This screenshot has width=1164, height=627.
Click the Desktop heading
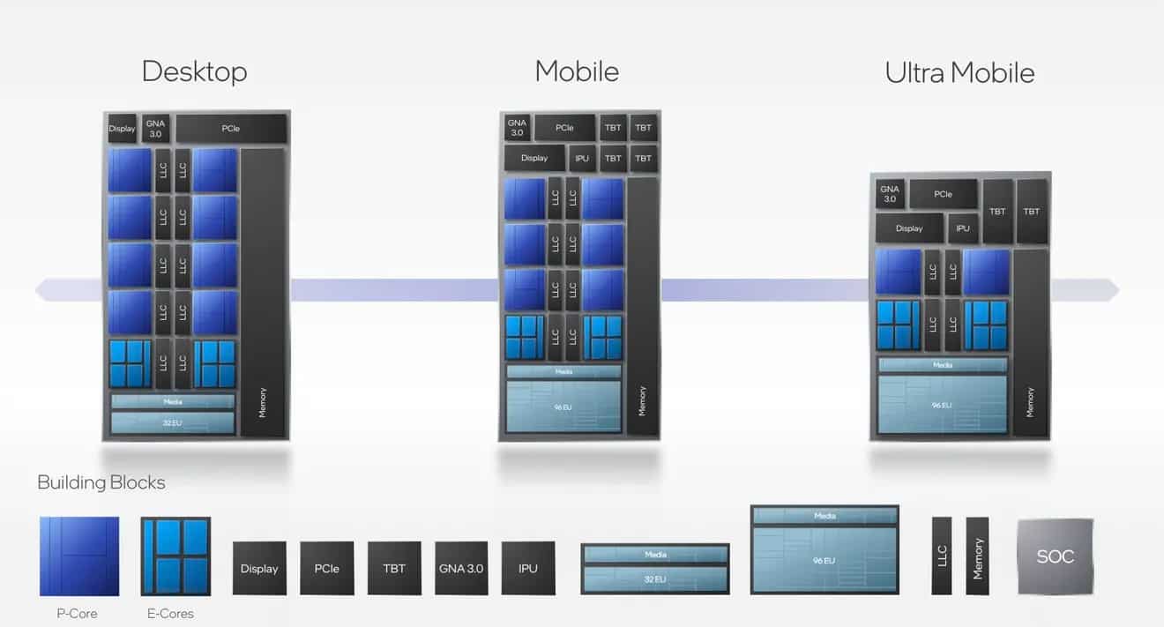[x=194, y=71]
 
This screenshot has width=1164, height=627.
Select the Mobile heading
[x=577, y=71]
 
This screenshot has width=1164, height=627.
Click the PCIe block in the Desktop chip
[x=231, y=129]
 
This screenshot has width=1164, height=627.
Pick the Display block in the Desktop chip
[x=122, y=129]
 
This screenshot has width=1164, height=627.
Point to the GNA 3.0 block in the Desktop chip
[x=155, y=129]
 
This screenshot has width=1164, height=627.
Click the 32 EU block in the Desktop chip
[x=172, y=423]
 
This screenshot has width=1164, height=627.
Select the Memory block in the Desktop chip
[x=262, y=291]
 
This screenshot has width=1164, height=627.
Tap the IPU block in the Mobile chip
[x=581, y=159]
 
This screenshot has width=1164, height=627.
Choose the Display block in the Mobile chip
[x=534, y=159]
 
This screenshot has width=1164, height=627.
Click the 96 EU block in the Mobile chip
[x=563, y=407]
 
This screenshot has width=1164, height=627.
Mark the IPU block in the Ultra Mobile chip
[x=962, y=228]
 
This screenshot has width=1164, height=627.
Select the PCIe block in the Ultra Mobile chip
[x=943, y=194]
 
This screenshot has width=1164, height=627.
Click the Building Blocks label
[x=101, y=482]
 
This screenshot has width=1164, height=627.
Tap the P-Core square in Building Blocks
[x=79, y=556]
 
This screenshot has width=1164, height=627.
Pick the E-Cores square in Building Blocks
[x=175, y=556]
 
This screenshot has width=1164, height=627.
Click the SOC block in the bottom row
[x=1055, y=556]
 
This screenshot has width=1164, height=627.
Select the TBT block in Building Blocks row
[x=394, y=568]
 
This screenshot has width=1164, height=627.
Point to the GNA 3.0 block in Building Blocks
[x=461, y=568]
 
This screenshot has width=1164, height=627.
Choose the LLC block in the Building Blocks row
[x=942, y=556]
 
